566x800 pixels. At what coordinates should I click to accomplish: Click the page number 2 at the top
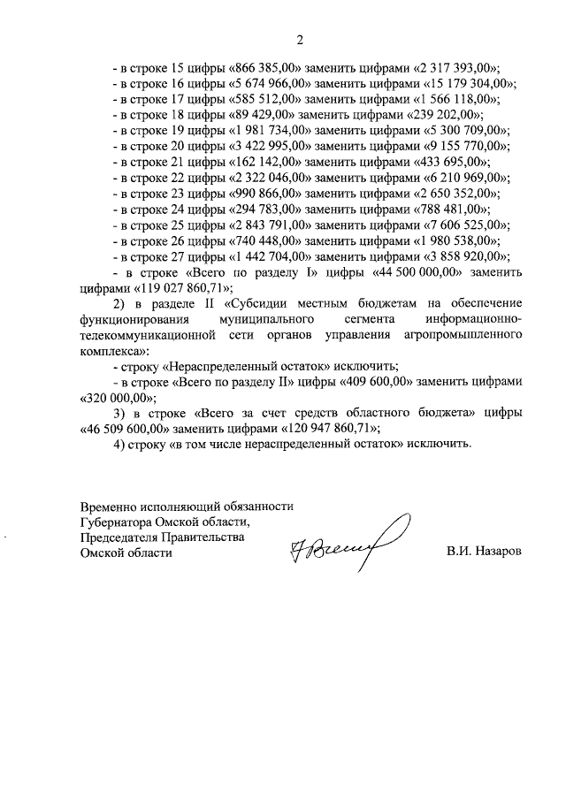(x=299, y=39)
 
